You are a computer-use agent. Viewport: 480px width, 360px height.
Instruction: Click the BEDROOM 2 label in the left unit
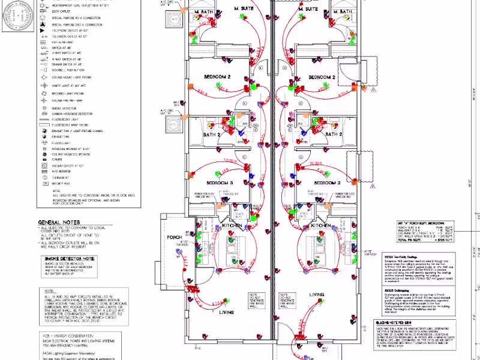219,78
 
